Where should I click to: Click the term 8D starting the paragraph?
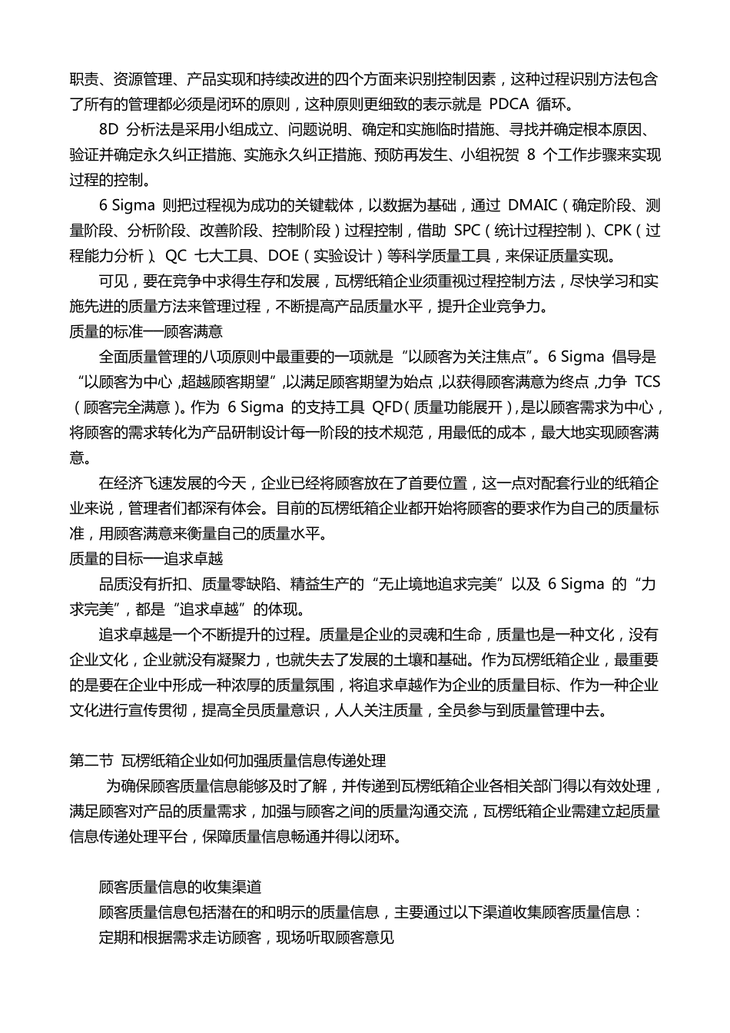[x=109, y=130]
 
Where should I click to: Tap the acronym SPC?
[x=466, y=231]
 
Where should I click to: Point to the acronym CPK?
[x=618, y=231]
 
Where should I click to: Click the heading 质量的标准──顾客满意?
[x=145, y=332]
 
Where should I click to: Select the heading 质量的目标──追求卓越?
[x=145, y=559]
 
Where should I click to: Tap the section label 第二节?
[x=91, y=761]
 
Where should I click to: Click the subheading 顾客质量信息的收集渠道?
[x=180, y=887]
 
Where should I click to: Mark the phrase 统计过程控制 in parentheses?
[x=537, y=231]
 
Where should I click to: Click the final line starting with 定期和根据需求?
[x=246, y=938]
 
